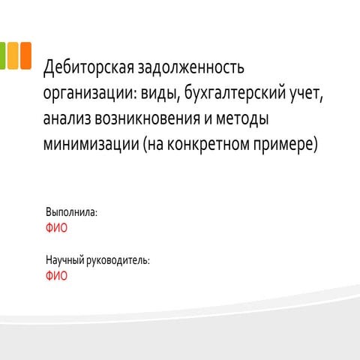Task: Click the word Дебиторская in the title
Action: (88, 67)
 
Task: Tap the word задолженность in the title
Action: (191, 67)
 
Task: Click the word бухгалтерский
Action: (235, 92)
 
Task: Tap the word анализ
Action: (67, 118)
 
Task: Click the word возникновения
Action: (147, 118)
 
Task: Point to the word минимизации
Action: (91, 145)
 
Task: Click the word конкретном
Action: (208, 145)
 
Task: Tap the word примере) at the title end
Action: (286, 145)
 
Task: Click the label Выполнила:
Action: (71, 212)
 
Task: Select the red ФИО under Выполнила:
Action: (56, 228)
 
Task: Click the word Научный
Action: (65, 260)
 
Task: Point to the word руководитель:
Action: (118, 260)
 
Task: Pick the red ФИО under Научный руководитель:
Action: (56, 276)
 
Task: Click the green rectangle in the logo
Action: (2, 55)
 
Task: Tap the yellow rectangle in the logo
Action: (13, 55)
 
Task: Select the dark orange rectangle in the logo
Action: (26, 55)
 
